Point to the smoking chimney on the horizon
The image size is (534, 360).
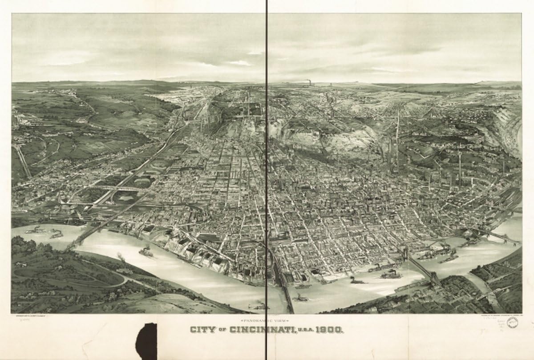tap(308, 83)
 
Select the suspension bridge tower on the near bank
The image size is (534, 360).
tap(434, 280)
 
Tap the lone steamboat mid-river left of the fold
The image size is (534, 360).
tap(146, 252)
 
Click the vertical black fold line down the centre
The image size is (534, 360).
tap(267, 178)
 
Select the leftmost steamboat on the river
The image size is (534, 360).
tap(36, 230)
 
